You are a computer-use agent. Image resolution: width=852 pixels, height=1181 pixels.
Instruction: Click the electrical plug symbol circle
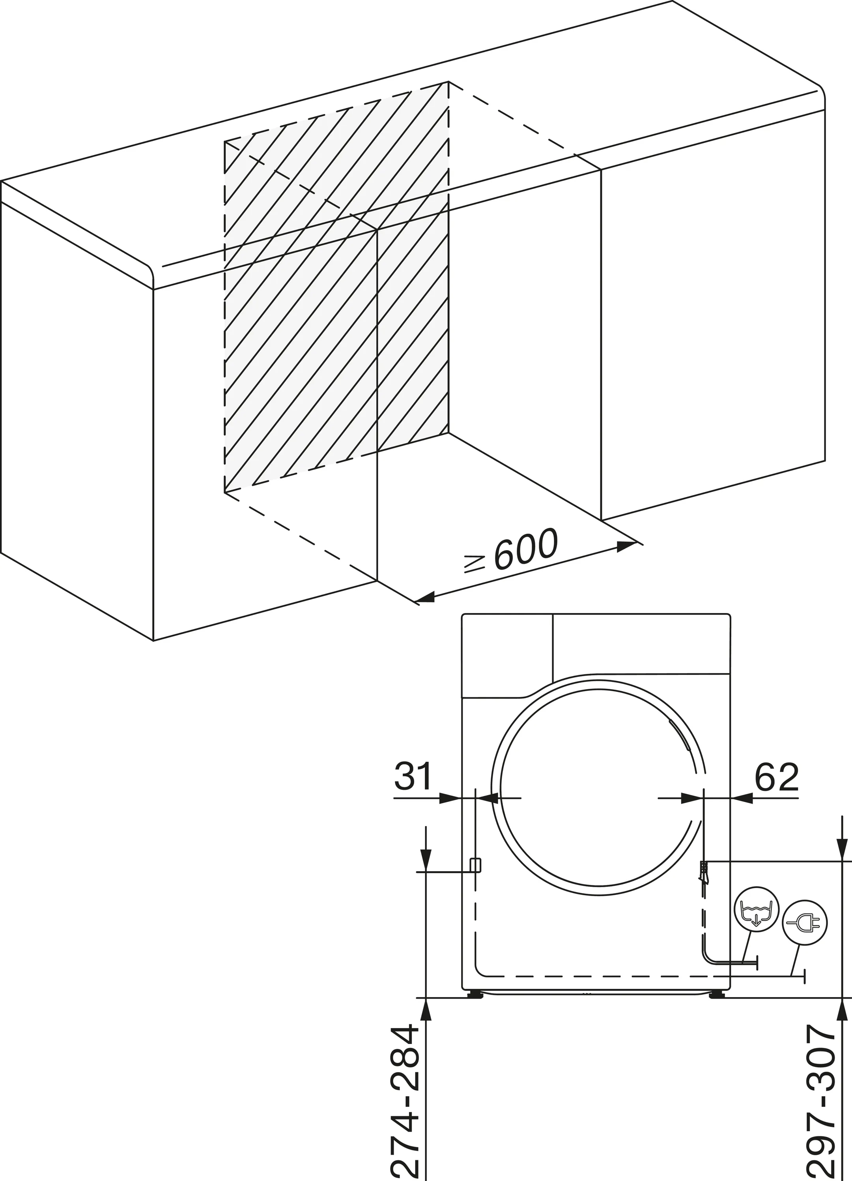pos(805,936)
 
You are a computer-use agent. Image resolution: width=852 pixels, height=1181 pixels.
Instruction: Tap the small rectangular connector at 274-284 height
pos(475,865)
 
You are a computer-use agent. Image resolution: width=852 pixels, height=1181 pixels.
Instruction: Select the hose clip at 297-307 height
pos(704,871)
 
